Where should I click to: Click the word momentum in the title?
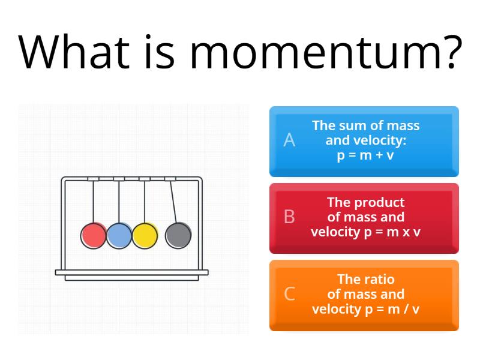[312, 52]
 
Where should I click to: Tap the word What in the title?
[74, 52]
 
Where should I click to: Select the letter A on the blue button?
[289, 140]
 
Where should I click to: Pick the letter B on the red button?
[289, 217]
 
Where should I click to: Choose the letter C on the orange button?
[289, 294]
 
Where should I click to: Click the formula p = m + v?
[365, 155]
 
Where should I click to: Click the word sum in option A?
[351, 125]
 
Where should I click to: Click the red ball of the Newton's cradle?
[94, 235]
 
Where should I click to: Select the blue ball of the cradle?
[119, 235]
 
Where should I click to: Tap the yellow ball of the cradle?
[145, 235]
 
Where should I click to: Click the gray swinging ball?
[178, 235]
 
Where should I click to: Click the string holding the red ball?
[94, 201]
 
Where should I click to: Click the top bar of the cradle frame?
[131, 178]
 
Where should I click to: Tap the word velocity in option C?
[336, 309]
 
